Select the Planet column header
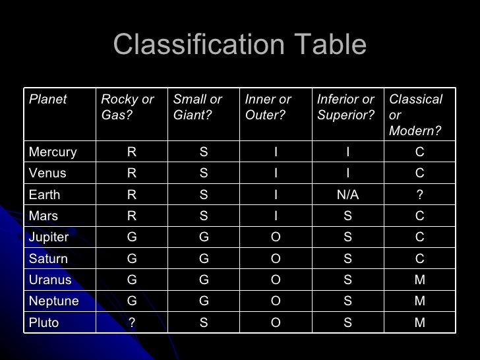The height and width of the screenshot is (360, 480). [48, 100]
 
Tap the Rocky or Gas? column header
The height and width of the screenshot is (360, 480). [127, 107]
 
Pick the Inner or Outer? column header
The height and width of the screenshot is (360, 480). [268, 107]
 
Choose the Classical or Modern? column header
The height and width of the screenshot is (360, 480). [415, 115]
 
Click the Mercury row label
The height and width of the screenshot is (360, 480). [53, 152]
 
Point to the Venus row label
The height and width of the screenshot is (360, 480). [47, 173]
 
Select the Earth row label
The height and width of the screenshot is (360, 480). [45, 195]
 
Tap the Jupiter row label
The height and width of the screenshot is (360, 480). [49, 237]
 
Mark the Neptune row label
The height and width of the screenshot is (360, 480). [54, 301]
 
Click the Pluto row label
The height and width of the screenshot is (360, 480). [44, 323]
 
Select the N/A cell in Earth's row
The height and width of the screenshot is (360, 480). [347, 195]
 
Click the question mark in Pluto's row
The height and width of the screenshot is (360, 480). [132, 323]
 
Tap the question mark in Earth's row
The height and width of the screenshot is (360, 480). [420, 195]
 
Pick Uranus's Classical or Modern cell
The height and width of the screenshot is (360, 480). [420, 280]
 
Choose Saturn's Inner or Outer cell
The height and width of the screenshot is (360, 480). [276, 258]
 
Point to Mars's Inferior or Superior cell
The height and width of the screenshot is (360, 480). [347, 216]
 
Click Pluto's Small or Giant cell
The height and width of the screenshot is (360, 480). [204, 323]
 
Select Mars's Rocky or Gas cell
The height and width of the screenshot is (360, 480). [132, 216]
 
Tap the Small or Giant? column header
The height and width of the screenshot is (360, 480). [198, 107]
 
